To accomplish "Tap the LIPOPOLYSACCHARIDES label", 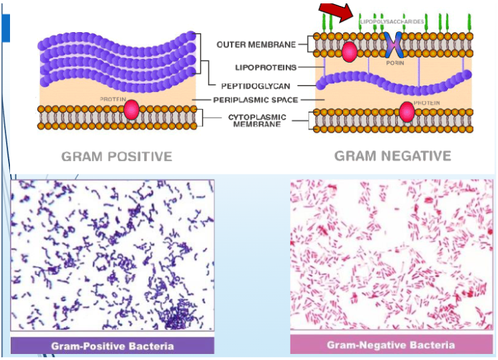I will (393, 22).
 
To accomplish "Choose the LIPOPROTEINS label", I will (266, 67).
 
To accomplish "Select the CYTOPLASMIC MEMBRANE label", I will (254, 120).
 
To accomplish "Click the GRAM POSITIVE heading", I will (117, 156).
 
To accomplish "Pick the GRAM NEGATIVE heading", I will (393, 156).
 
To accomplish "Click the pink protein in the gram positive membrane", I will (132, 110).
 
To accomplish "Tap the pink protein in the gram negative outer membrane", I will (348, 51).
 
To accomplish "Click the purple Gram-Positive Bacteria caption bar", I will (112, 345).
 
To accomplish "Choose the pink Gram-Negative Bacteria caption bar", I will (391, 345).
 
